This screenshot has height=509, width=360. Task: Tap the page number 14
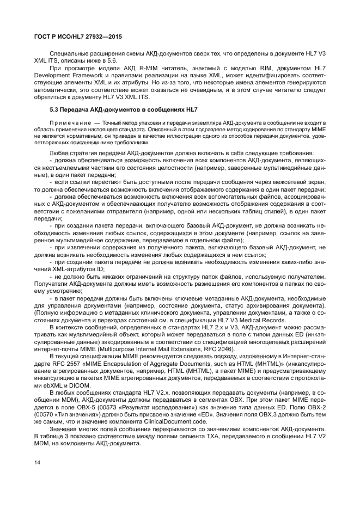pos(37,463)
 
